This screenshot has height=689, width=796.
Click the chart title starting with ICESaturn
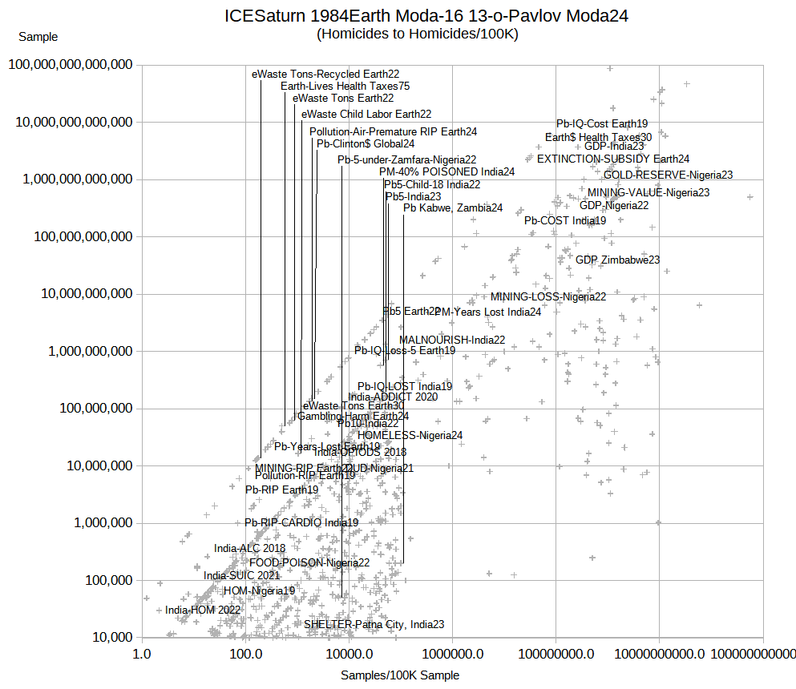(426, 16)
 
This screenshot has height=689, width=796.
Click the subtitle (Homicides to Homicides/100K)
(418, 34)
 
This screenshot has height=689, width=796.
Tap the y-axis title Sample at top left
(38, 37)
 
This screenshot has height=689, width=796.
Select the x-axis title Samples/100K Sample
(400, 675)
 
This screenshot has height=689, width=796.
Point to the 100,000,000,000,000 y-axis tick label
(70, 65)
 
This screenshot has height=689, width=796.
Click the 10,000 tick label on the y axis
(111, 638)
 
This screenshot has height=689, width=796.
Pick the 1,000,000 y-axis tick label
(99, 523)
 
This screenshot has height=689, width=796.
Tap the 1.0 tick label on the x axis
(143, 653)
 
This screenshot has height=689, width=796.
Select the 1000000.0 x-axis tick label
(454, 653)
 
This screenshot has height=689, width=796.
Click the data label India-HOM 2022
(203, 610)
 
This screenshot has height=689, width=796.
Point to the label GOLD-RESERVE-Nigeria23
(669, 175)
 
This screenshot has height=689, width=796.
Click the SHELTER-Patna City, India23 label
(374, 624)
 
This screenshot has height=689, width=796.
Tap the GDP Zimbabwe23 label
(617, 260)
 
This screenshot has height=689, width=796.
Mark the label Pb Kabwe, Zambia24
(453, 208)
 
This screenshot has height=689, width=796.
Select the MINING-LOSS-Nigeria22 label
(548, 296)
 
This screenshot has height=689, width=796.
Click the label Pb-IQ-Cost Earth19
(602, 124)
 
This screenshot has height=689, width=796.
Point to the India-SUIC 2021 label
(241, 575)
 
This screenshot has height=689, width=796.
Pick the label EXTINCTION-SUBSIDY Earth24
(613, 159)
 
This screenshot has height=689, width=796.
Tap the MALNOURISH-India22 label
(452, 340)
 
